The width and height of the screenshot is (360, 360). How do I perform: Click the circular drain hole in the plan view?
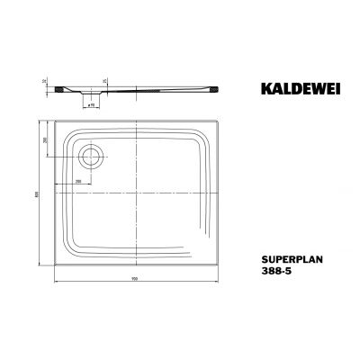click(91, 157)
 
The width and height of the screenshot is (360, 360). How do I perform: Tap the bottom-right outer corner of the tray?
click(223, 265)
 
